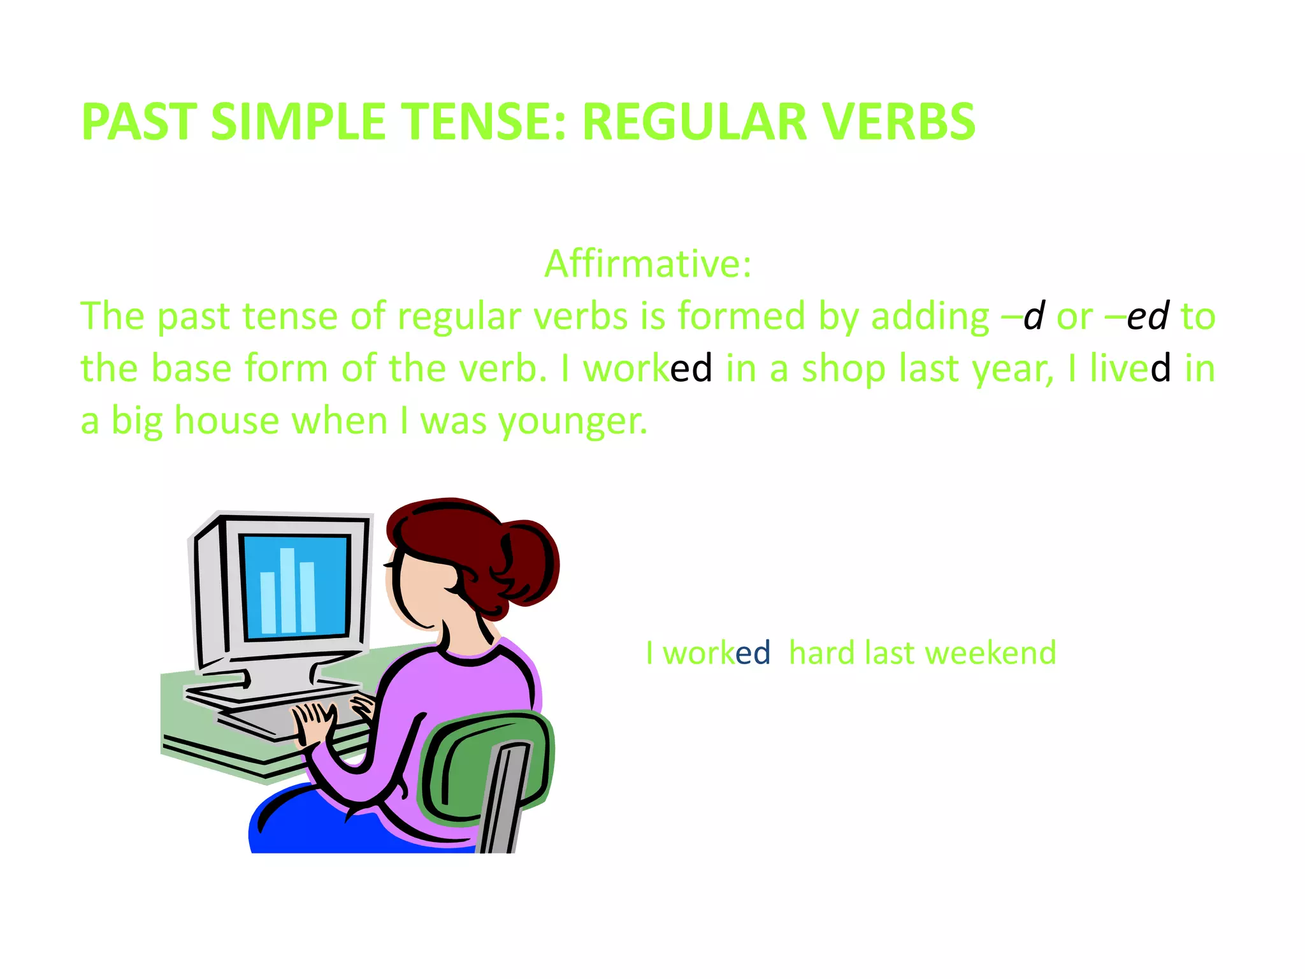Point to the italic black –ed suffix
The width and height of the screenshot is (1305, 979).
(1147, 316)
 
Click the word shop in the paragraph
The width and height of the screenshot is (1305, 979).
(842, 369)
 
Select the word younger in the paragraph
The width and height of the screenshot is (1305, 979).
(572, 421)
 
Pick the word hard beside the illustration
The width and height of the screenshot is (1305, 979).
(823, 653)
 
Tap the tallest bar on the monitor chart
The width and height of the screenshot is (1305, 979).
(288, 590)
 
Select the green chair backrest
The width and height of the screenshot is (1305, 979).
(484, 765)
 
